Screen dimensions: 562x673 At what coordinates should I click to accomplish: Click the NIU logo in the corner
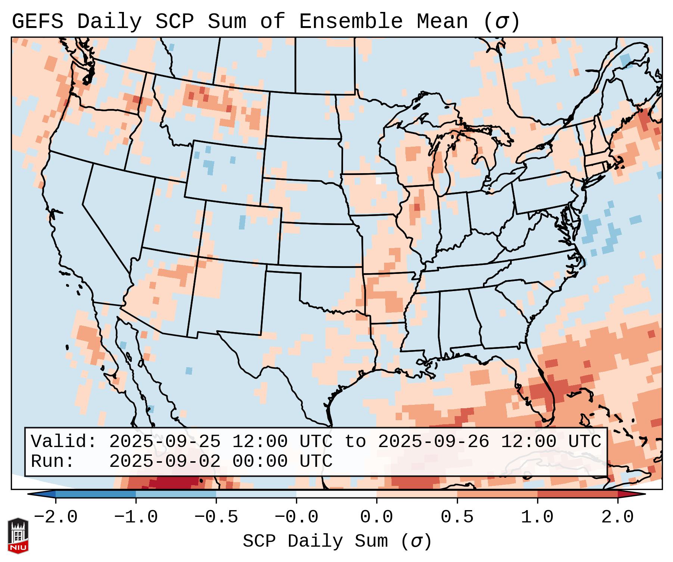(18, 535)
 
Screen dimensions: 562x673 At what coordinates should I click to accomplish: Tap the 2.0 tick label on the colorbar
(617, 517)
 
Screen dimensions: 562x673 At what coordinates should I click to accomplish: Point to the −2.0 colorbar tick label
(56, 517)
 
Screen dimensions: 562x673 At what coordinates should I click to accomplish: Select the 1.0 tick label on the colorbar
(537, 517)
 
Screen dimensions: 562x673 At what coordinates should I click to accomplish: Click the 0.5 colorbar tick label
(457, 517)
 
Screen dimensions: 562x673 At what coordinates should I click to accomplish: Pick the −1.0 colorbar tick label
(136, 517)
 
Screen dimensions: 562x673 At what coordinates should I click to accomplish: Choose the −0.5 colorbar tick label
(216, 517)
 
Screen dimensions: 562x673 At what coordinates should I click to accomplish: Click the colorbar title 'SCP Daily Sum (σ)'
(337, 541)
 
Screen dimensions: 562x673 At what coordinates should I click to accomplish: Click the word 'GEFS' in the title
(37, 22)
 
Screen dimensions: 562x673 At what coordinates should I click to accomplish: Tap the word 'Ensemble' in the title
(350, 22)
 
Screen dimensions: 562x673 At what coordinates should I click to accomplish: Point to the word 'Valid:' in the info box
(64, 441)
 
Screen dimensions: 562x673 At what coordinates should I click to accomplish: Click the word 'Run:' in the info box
(53, 461)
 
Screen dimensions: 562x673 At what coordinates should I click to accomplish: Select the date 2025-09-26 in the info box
(433, 441)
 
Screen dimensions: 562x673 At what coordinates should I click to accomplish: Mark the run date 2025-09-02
(165, 461)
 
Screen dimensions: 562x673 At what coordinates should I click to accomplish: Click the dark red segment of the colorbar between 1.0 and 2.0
(577, 494)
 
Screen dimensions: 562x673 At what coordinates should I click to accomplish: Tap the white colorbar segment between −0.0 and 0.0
(336, 494)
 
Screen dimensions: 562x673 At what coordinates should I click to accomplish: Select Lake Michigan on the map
(441, 164)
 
